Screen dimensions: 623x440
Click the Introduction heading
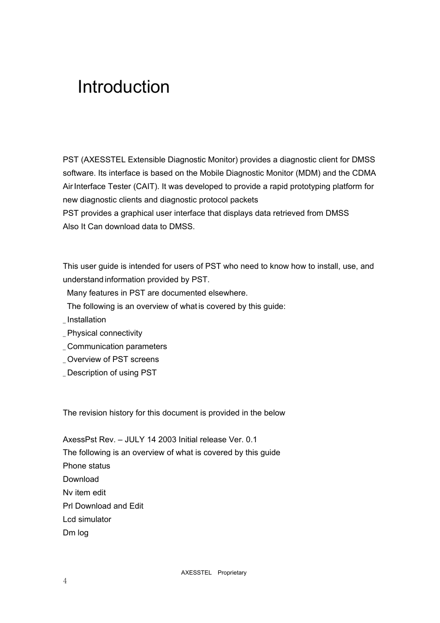pos(123,87)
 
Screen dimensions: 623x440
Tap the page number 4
pos(65,581)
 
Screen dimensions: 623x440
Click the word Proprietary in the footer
pos(232,573)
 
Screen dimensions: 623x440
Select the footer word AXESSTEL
pos(196,573)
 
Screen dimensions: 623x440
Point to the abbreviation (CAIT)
pos(146,186)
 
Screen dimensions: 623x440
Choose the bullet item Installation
pos(86,320)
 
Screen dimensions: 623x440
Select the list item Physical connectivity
pos(104,333)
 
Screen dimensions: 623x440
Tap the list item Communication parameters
pos(117,346)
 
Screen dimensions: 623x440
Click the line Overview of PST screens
pos(113,359)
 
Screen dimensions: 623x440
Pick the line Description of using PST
pos(112,373)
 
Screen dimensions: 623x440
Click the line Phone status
pos(86,466)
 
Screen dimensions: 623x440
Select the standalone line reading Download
pos(81,479)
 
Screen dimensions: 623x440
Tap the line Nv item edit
pos(84,492)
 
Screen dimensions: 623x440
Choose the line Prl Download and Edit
pos(103,506)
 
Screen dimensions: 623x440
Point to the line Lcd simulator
pos(87,519)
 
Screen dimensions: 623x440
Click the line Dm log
pos(76,533)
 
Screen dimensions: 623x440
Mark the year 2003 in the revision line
pos(167,439)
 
